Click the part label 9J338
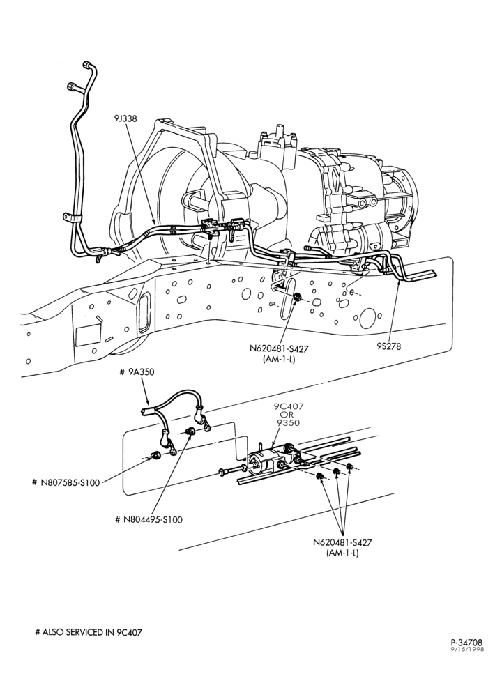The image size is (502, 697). tap(125, 118)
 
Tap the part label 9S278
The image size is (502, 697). tap(388, 346)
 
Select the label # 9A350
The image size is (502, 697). tap(137, 372)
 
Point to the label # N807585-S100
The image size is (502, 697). tap(66, 482)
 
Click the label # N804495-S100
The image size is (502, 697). tap(149, 519)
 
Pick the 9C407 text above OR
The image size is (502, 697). tap(287, 406)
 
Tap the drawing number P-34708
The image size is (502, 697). tap(466, 642)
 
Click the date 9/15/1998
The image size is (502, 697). tap(467, 649)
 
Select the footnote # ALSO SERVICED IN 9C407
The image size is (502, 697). tap(89, 631)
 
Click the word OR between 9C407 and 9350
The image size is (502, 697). tap(287, 414)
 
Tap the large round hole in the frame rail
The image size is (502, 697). tap(368, 318)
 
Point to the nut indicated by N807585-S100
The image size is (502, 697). tap(156, 454)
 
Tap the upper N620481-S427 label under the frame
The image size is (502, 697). tap(279, 349)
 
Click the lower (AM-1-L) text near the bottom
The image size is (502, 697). tap(342, 553)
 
